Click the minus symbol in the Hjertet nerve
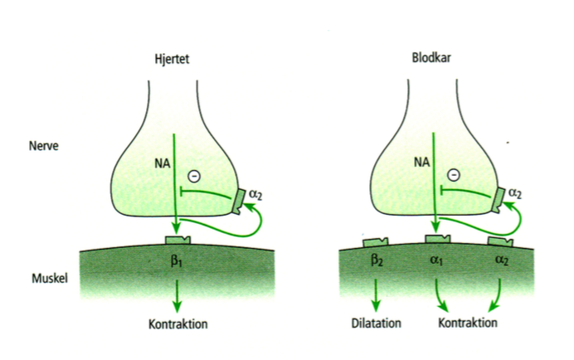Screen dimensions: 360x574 pyautogui.click(x=194, y=176)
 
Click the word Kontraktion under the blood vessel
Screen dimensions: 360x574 pyautogui.click(x=468, y=323)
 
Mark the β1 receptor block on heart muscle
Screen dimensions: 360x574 pyautogui.click(x=178, y=241)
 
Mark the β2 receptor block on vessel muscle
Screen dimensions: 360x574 pyautogui.click(x=376, y=242)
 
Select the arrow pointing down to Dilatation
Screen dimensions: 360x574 pyautogui.click(x=376, y=294)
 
